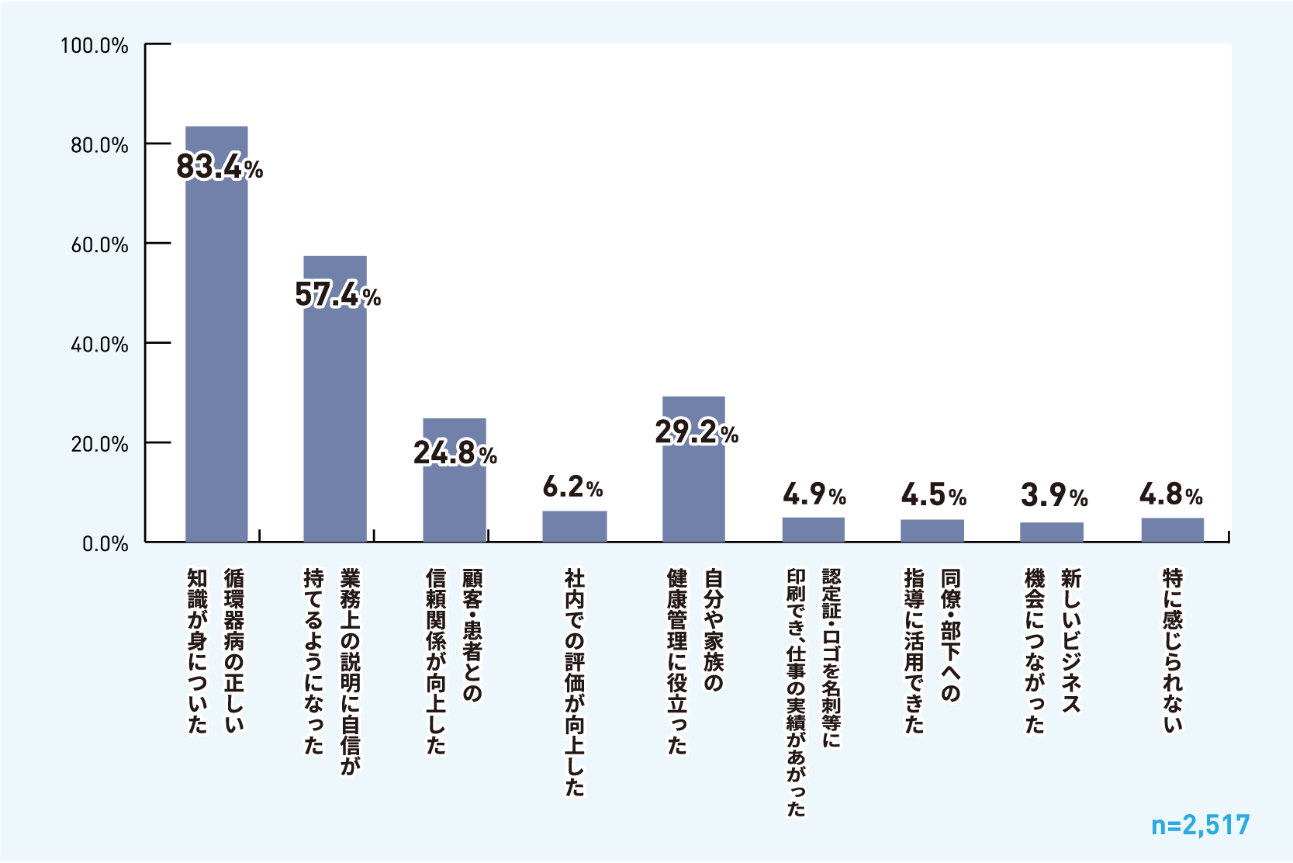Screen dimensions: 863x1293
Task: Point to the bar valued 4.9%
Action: tap(813, 529)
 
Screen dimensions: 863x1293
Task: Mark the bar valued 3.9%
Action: tap(1052, 532)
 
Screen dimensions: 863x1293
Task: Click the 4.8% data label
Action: tap(1170, 494)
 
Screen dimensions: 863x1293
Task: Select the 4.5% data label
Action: tap(933, 495)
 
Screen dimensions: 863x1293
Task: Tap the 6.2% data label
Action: tap(572, 487)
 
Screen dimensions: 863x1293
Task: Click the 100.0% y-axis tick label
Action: tap(95, 46)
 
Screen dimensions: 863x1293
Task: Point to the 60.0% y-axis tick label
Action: tap(99, 245)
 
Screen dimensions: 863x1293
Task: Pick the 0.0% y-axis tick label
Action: tap(105, 544)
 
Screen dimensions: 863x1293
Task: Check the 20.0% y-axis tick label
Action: tap(99, 445)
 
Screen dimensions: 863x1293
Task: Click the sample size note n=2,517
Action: tap(1200, 825)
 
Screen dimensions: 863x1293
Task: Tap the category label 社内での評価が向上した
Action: tap(574, 682)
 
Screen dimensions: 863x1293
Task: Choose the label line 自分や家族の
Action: tap(713, 630)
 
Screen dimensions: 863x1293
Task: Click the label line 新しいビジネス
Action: tap(1071, 640)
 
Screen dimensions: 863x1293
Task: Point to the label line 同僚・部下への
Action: tap(951, 635)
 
